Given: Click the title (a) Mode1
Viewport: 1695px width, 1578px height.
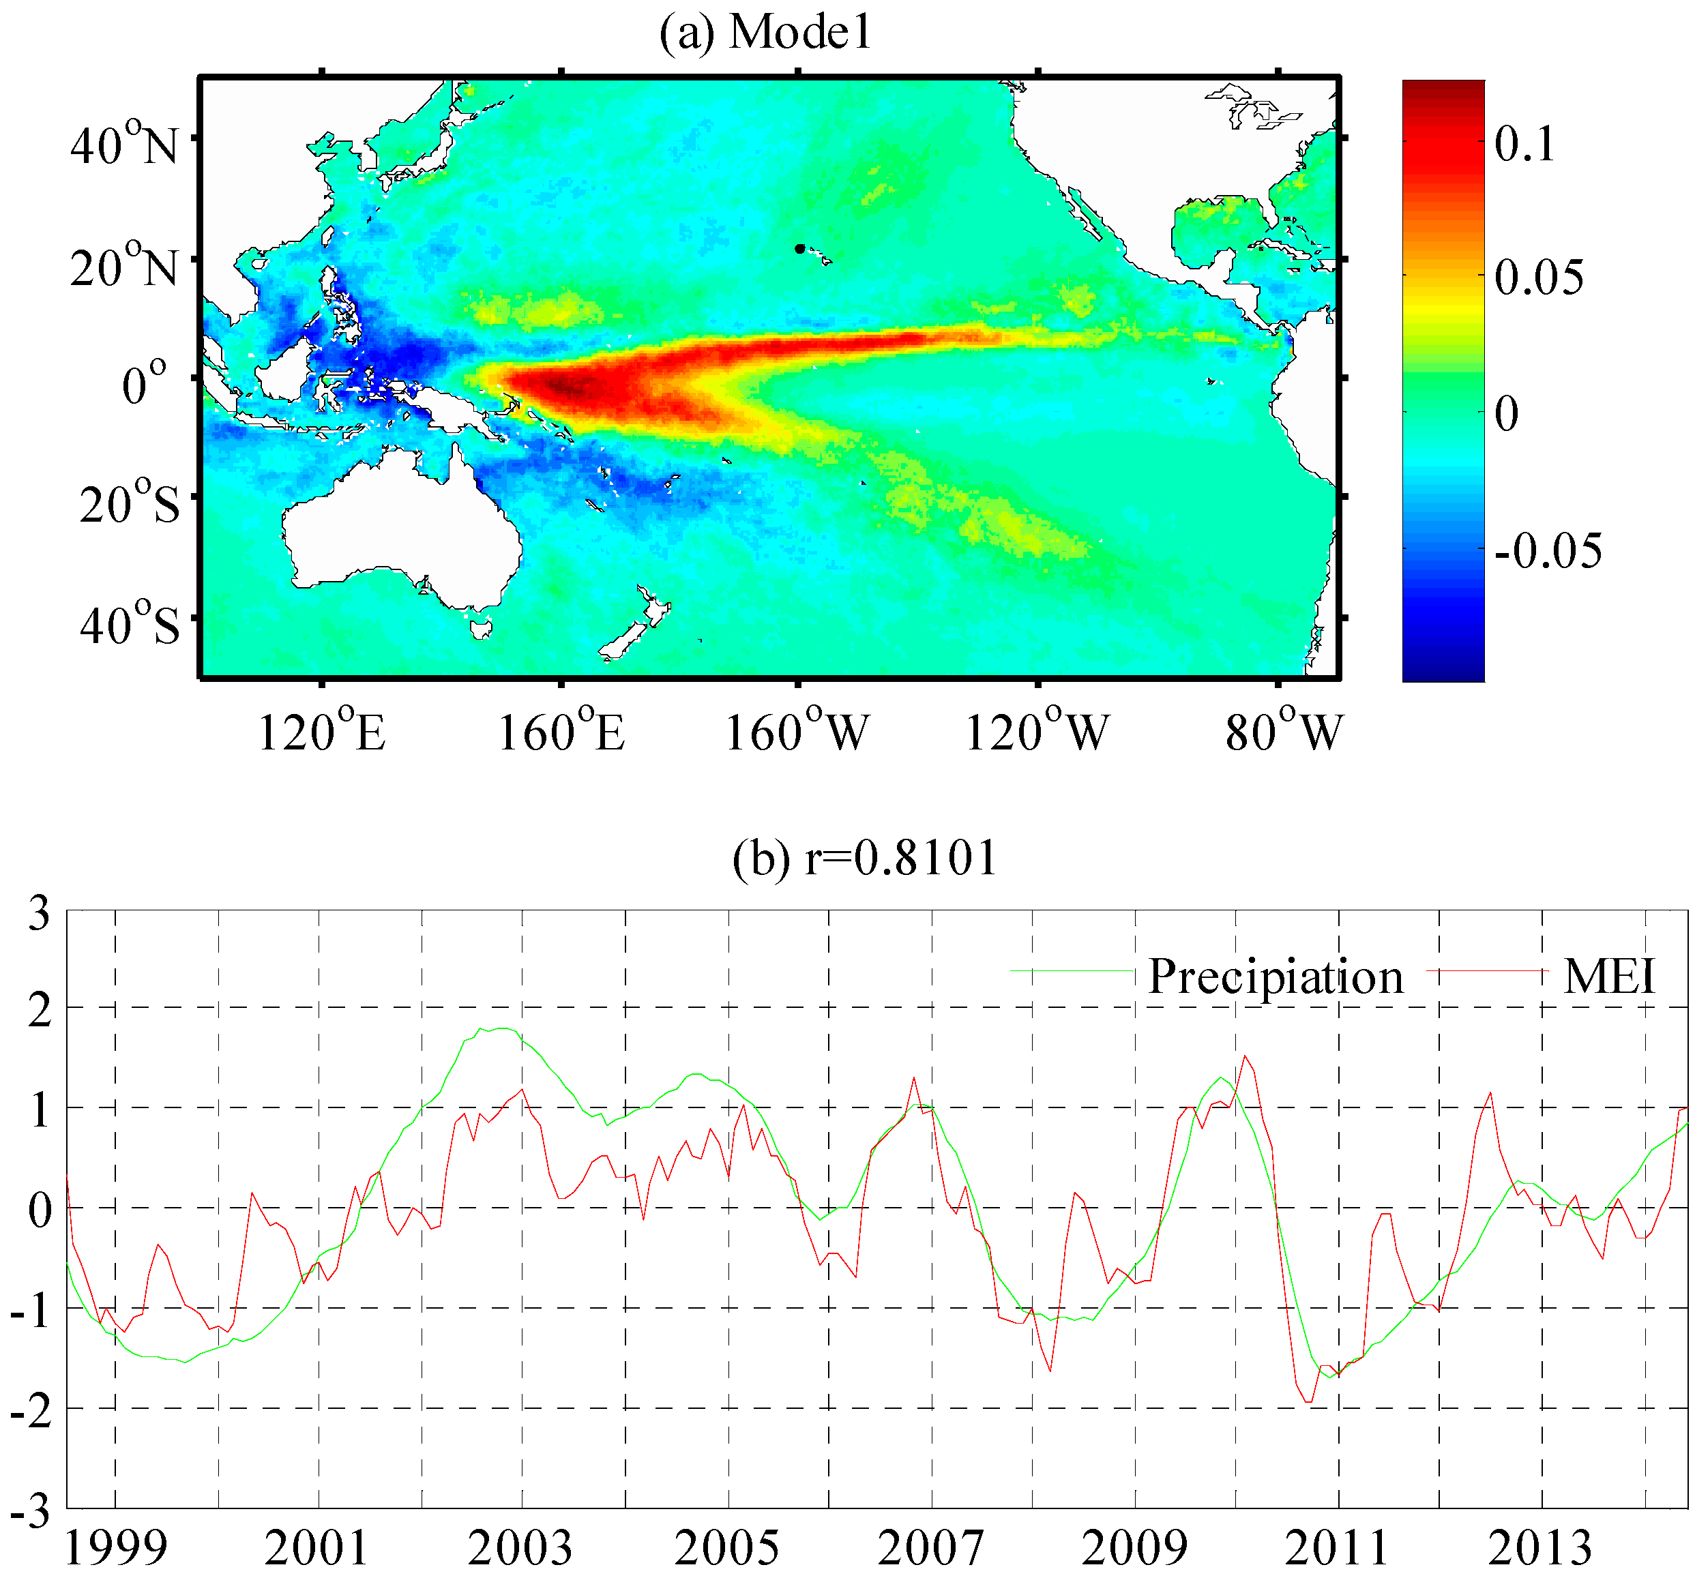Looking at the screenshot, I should pos(765,33).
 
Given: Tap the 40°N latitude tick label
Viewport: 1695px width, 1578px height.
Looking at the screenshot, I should pos(123,143).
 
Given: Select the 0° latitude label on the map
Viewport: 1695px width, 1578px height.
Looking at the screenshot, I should pos(144,384).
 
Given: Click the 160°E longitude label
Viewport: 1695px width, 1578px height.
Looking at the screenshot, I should pos(560,732).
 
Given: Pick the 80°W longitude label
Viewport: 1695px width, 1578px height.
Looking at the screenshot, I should pos(1283,732).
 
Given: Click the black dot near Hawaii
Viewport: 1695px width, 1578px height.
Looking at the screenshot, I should pos(799,249).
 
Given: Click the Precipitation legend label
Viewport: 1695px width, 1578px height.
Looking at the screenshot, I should pos(1275,976).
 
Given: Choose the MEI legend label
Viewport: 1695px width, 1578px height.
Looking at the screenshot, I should pos(1609,976).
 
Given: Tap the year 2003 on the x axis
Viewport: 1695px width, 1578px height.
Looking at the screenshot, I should pos(519,1547).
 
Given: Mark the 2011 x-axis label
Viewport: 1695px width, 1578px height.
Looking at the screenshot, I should pos(1336,1547).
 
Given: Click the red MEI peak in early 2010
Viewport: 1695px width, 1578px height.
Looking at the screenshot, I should pos(1245,1056).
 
